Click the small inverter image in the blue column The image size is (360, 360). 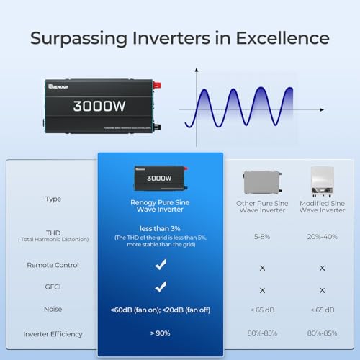pyautogui.click(x=160, y=176)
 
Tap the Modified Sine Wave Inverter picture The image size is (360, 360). pyautogui.click(x=322, y=181)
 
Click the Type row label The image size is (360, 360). pyautogui.click(x=53, y=199)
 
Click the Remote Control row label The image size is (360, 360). pyautogui.click(x=53, y=265)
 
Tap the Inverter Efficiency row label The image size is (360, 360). pyautogui.click(x=53, y=333)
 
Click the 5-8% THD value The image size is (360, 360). pyautogui.click(x=261, y=235)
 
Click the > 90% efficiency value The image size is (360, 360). pyautogui.click(x=160, y=333)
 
